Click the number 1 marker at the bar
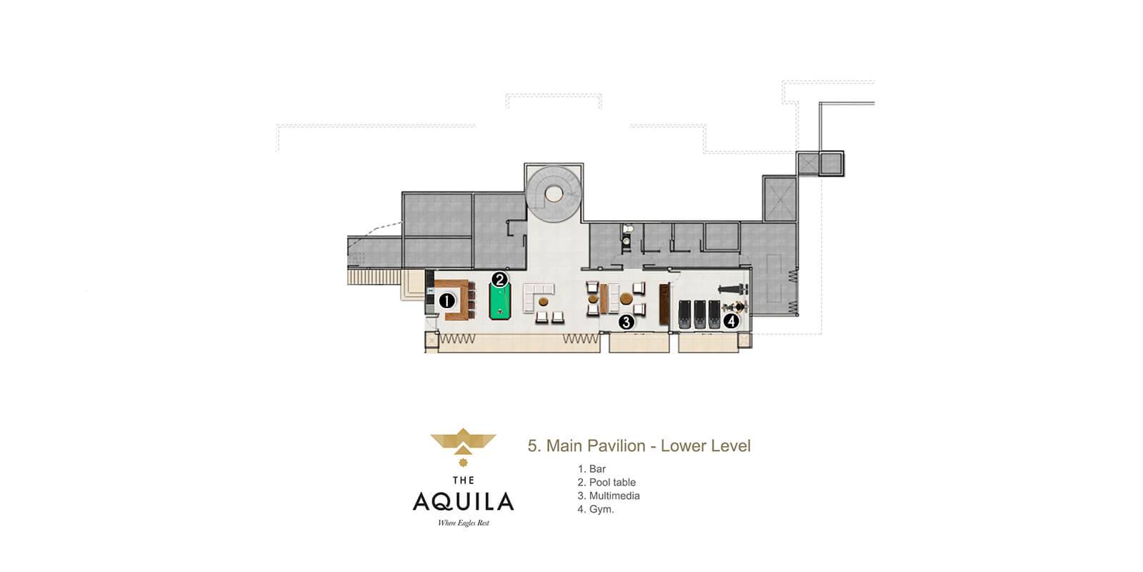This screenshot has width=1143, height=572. click(x=447, y=301)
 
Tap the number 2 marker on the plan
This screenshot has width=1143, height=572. click(x=499, y=280)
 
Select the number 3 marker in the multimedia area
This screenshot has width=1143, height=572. click(x=626, y=322)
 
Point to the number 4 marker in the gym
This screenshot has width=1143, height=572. click(x=732, y=321)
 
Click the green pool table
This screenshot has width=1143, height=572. click(x=500, y=302)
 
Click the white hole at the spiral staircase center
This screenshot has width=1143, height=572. click(x=554, y=194)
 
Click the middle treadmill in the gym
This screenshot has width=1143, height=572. click(x=699, y=314)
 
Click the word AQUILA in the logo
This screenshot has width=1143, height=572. click(x=464, y=501)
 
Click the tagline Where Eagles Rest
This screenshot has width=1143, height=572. click(x=464, y=523)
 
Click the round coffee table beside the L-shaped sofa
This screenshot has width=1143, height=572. click(x=544, y=302)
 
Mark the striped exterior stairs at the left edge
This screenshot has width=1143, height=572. click(x=374, y=277)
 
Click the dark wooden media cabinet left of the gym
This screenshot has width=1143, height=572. click(x=664, y=305)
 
